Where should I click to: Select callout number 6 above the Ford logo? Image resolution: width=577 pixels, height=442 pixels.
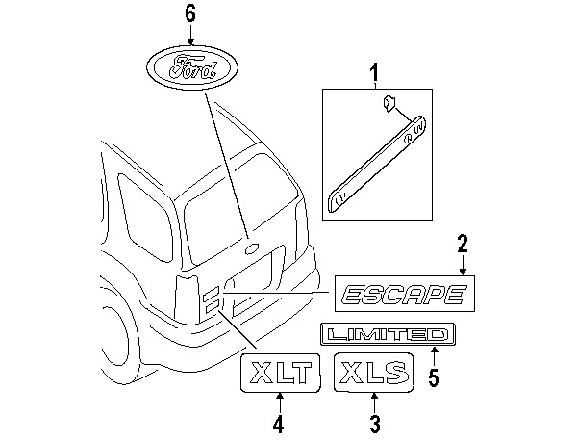(x=190, y=13)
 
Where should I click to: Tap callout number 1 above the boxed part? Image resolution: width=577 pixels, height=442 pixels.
(x=375, y=71)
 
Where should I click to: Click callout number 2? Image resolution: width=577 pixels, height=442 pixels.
(x=462, y=242)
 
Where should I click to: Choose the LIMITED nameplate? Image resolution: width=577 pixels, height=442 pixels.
(x=386, y=334)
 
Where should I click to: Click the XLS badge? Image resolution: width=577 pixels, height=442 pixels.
(x=373, y=371)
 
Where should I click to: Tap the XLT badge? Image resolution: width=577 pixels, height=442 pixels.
(x=279, y=372)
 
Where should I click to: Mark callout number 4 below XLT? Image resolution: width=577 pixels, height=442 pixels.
(x=279, y=422)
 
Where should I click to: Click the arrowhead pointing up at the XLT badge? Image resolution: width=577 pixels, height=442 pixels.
(x=279, y=396)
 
